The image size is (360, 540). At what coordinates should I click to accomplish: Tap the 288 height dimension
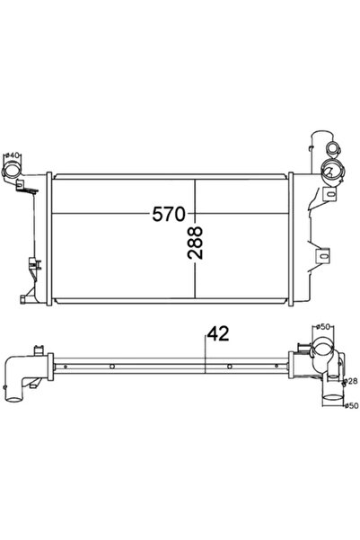pos(196,242)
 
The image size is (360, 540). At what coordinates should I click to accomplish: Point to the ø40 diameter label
pos(13,155)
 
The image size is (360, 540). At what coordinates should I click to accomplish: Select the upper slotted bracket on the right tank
pos(320,195)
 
